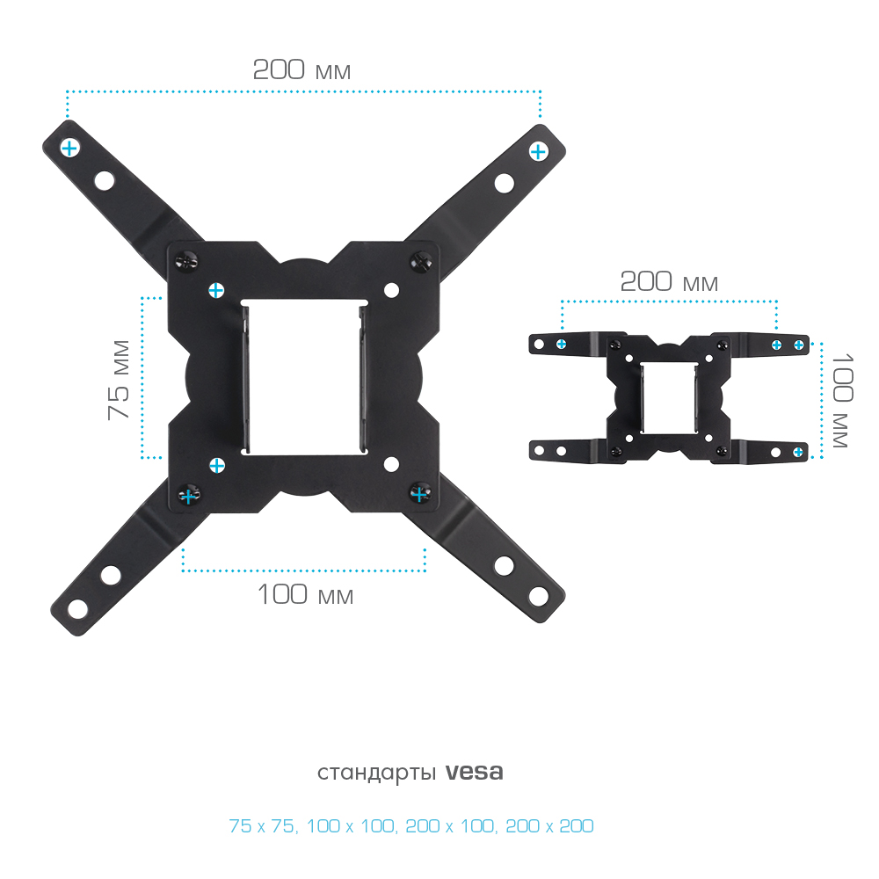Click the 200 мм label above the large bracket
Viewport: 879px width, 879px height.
click(x=301, y=70)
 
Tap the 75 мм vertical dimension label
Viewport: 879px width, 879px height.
click(x=119, y=380)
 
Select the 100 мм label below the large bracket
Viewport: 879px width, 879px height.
click(x=305, y=594)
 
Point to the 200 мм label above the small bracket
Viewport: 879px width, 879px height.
click(x=669, y=281)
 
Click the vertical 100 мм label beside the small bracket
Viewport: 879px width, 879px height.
click(x=842, y=400)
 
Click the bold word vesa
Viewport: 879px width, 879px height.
click(x=475, y=772)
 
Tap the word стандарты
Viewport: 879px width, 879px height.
click(x=376, y=773)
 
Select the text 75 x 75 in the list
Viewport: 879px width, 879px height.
click(x=262, y=825)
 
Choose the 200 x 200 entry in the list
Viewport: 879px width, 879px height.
click(x=549, y=825)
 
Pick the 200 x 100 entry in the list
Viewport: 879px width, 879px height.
click(x=449, y=825)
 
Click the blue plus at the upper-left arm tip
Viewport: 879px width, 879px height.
click(x=69, y=149)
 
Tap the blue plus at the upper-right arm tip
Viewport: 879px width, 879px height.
click(x=538, y=151)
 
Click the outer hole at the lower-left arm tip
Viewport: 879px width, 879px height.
click(x=77, y=609)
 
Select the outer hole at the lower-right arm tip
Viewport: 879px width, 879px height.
click(x=538, y=596)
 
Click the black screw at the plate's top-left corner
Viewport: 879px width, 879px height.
click(x=186, y=261)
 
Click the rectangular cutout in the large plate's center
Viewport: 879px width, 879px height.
click(x=304, y=377)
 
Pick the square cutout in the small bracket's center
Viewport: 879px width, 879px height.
click(x=669, y=397)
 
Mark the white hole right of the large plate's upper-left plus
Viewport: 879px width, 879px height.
click(x=391, y=290)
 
